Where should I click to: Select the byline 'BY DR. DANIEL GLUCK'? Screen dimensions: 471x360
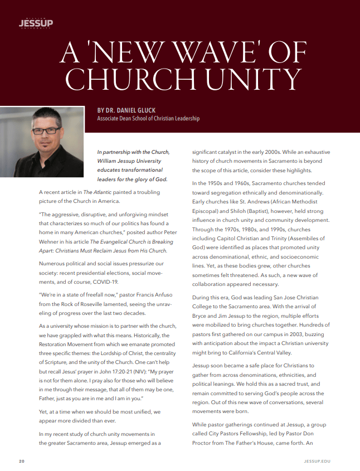coord(127,110)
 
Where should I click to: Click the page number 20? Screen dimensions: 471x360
coord(22,462)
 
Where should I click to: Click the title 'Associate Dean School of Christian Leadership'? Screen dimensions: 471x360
coord(148,119)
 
